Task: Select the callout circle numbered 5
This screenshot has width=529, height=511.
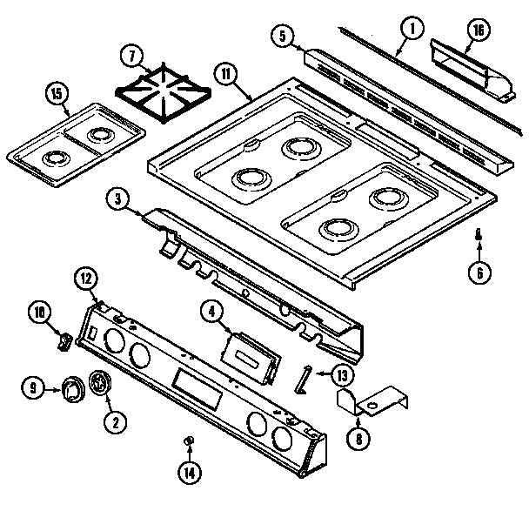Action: click(x=281, y=37)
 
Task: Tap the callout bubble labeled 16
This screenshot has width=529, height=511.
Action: click(x=477, y=29)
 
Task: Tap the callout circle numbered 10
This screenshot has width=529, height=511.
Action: click(x=38, y=311)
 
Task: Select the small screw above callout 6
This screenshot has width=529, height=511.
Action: click(x=478, y=232)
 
